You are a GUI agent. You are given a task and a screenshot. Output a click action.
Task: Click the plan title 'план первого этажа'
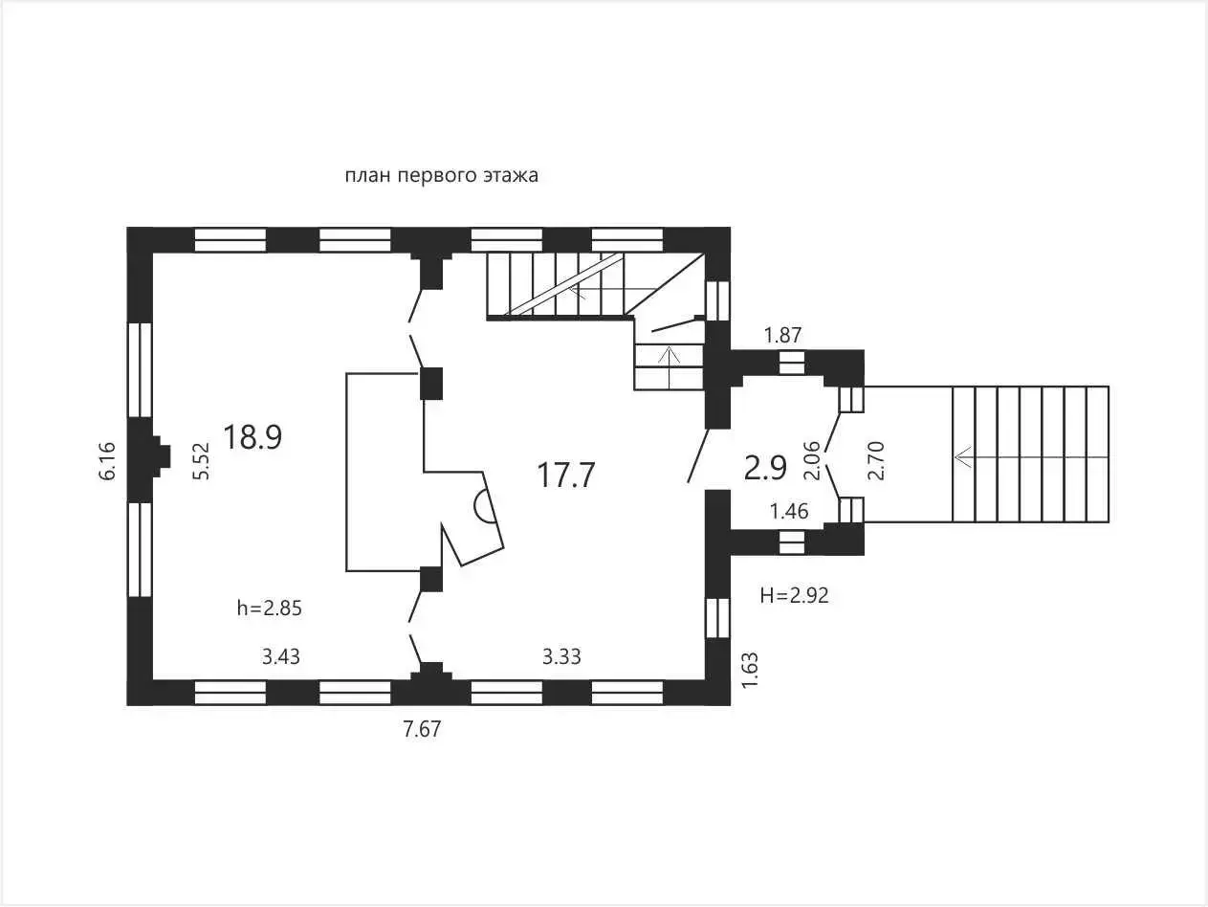(441, 176)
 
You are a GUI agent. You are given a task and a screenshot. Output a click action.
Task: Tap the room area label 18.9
(253, 437)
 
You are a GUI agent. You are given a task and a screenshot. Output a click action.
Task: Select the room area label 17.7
(566, 475)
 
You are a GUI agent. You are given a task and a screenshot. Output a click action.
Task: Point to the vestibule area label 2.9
(765, 469)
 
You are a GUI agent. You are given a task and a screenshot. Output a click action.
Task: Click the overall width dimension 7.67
(422, 729)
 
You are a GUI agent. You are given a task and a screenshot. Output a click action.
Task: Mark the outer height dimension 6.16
(108, 460)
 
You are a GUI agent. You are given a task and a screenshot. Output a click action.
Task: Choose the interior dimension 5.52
(202, 460)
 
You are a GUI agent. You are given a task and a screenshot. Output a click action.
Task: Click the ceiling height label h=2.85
(270, 608)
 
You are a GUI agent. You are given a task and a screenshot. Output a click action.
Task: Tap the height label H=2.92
(794, 595)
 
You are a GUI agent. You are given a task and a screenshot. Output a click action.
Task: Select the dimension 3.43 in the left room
(280, 656)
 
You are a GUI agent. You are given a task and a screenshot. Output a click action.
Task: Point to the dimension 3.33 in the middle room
(561, 656)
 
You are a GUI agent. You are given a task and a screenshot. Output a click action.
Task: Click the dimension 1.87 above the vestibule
(783, 335)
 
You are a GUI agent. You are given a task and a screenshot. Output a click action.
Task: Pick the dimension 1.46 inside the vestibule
(789, 511)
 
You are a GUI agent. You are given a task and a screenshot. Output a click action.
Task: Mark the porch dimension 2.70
(875, 460)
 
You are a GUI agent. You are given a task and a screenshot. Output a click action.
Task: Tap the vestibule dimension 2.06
(812, 460)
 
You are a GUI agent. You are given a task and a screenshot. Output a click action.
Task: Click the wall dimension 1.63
(750, 670)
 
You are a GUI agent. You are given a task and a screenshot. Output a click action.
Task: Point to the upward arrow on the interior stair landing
(670, 367)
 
